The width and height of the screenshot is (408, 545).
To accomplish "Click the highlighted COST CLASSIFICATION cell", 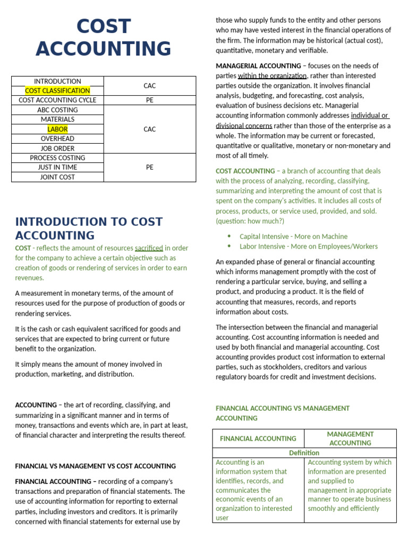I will (x=57, y=90).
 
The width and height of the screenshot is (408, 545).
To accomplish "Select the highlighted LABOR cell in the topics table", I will (x=57, y=129).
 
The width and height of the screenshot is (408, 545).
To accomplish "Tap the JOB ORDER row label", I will (x=57, y=148).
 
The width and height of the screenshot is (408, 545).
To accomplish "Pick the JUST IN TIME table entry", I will (x=57, y=167).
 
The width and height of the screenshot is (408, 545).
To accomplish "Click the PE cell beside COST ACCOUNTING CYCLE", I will (x=149, y=100).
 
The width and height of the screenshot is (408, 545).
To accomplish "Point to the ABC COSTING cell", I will (x=57, y=110).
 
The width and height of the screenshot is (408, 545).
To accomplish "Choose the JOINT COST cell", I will (x=57, y=177).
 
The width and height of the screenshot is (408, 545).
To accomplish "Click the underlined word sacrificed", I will (x=149, y=248).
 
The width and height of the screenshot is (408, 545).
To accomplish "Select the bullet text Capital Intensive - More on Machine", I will (x=293, y=236).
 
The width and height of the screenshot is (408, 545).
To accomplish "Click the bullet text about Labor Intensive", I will (x=309, y=246).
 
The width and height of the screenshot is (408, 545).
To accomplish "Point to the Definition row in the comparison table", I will (x=304, y=453).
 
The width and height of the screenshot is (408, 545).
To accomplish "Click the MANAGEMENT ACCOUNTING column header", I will (x=350, y=439).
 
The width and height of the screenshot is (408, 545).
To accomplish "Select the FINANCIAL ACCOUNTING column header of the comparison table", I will (x=258, y=439).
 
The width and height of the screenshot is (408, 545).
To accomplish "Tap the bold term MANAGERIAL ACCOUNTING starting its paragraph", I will (x=258, y=66).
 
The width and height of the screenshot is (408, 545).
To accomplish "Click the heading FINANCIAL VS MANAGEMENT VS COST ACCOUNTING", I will (x=96, y=466).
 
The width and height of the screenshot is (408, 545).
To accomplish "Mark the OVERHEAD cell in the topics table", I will (x=57, y=138).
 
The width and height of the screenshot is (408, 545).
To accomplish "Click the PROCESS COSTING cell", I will (x=57, y=158).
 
